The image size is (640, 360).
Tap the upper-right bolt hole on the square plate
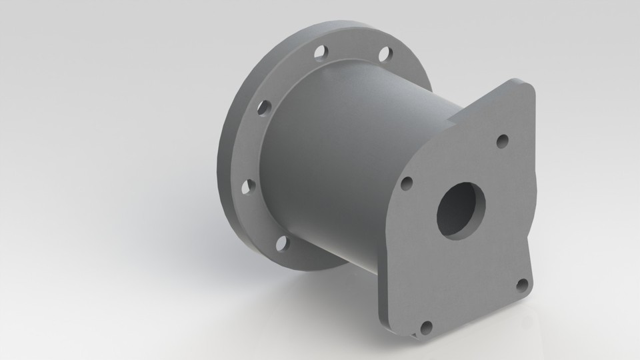pyautogui.click(x=503, y=140)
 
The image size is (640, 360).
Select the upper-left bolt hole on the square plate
pyautogui.click(x=406, y=183)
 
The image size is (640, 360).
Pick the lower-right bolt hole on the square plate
pyautogui.click(x=522, y=285)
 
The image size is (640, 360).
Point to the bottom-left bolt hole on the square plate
pyautogui.click(x=426, y=327)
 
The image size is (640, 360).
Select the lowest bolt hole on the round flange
pyautogui.click(x=281, y=243)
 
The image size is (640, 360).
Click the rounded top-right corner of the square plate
pyautogui.click(x=527, y=87)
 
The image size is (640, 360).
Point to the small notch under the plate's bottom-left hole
pyautogui.click(x=418, y=332)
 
